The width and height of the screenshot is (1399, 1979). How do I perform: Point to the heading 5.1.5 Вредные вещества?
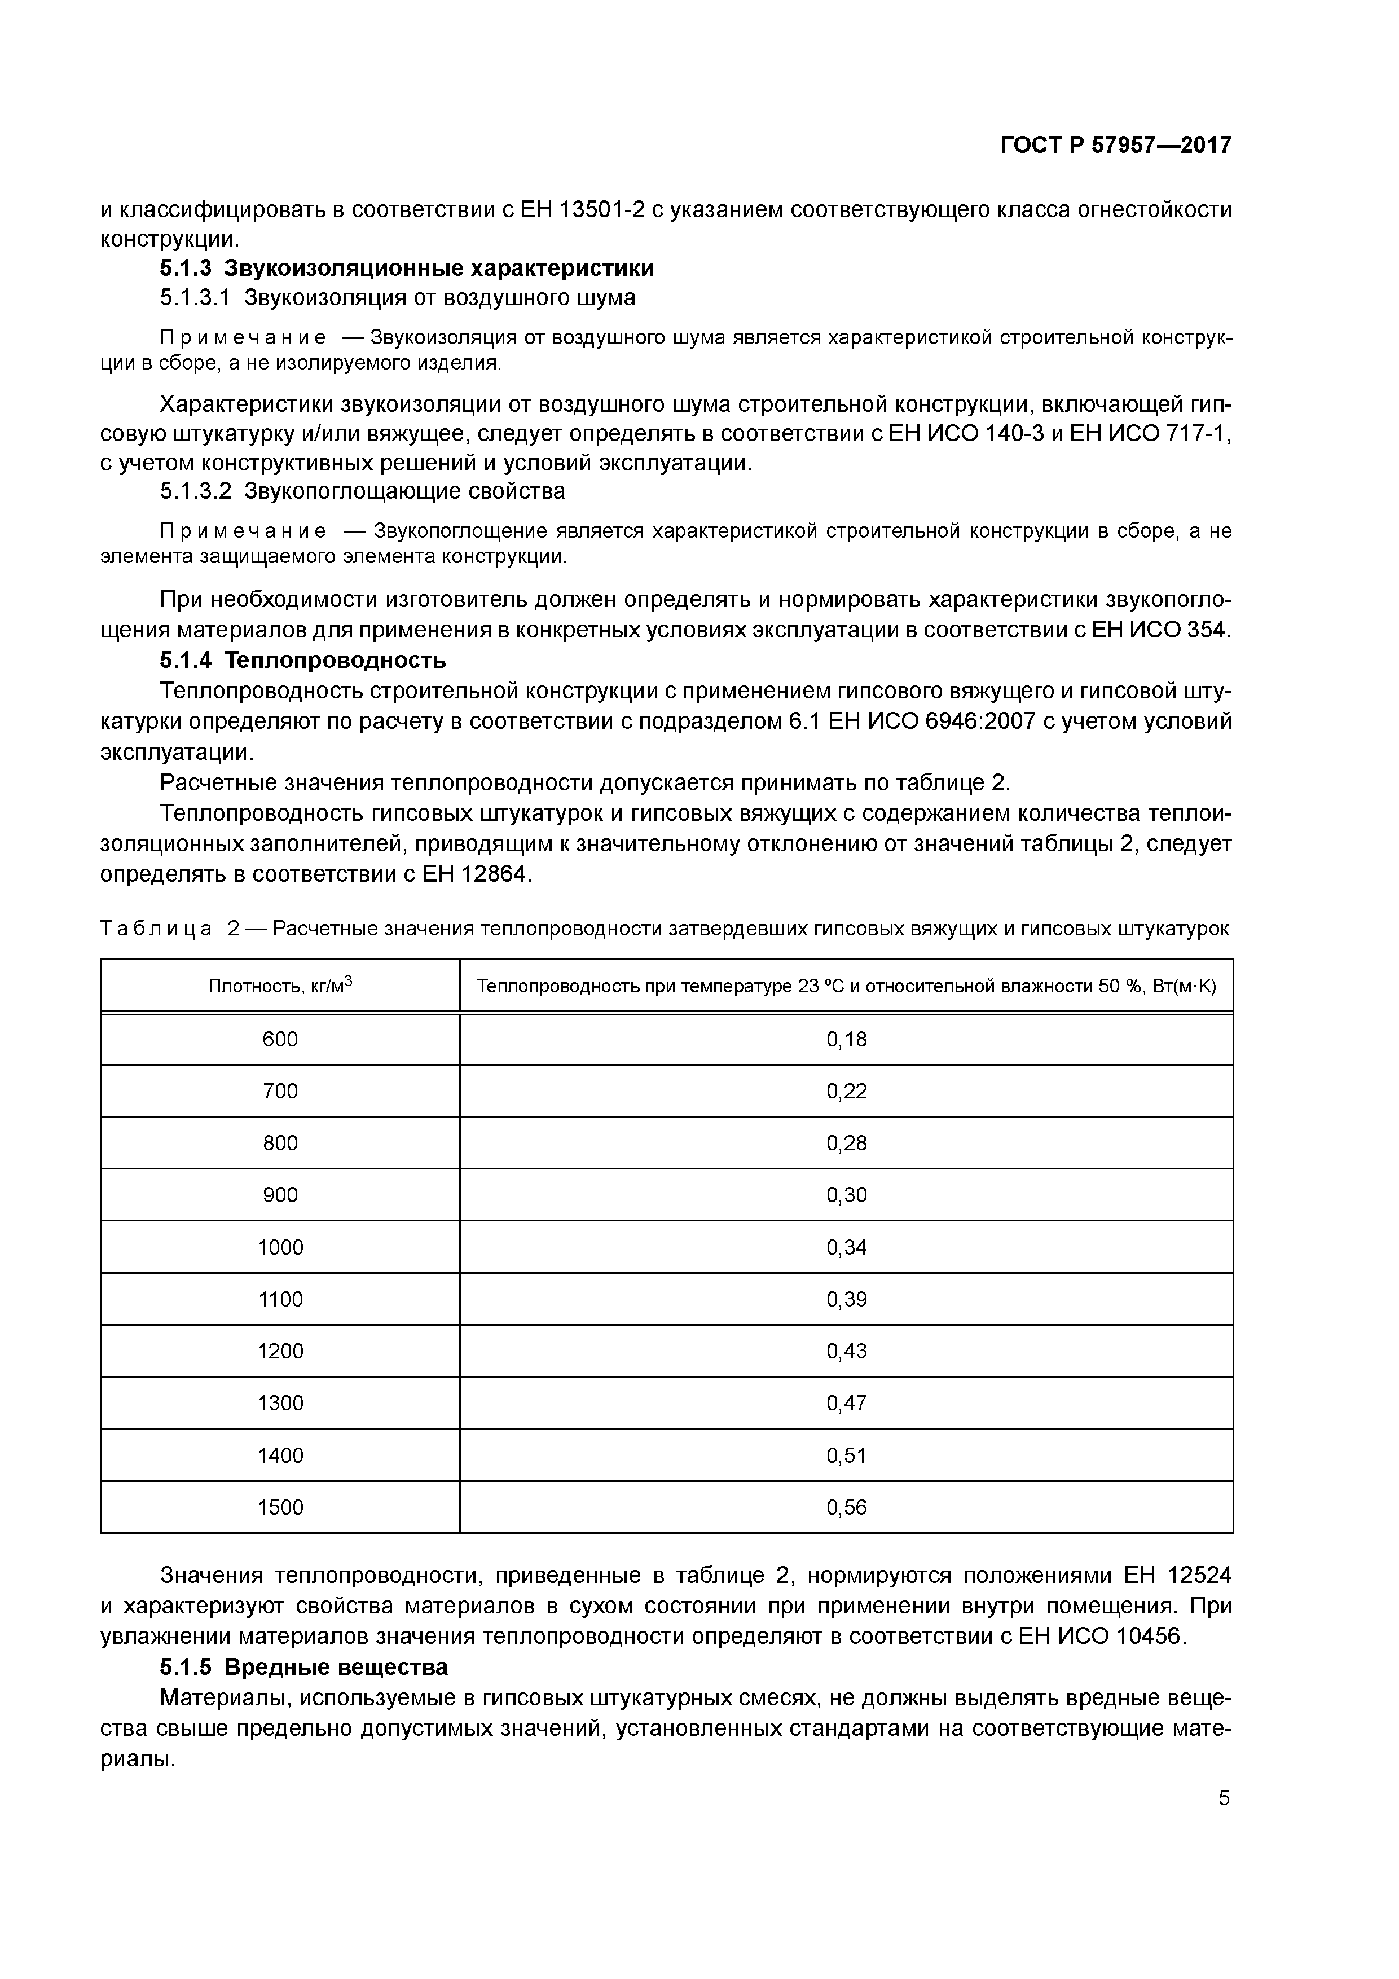(x=303, y=1667)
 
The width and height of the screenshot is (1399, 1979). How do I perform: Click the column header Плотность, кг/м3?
(x=280, y=985)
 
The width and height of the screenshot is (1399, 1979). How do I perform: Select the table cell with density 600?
(x=280, y=1040)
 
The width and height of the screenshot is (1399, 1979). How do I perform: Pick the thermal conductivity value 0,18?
(x=847, y=1040)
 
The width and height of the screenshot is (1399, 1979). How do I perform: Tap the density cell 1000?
(x=280, y=1247)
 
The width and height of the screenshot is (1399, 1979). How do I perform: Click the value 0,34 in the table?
(x=847, y=1247)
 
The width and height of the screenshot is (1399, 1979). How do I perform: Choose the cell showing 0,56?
(x=847, y=1507)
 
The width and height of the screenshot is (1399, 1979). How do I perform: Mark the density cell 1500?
(x=280, y=1507)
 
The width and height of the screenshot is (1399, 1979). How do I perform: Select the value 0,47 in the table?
(x=847, y=1403)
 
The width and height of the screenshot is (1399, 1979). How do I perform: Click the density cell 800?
(x=280, y=1143)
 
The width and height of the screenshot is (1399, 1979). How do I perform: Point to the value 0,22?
(x=847, y=1091)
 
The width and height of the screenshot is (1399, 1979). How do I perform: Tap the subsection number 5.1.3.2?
(x=196, y=491)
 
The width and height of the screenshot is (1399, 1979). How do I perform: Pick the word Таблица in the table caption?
(x=156, y=929)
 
